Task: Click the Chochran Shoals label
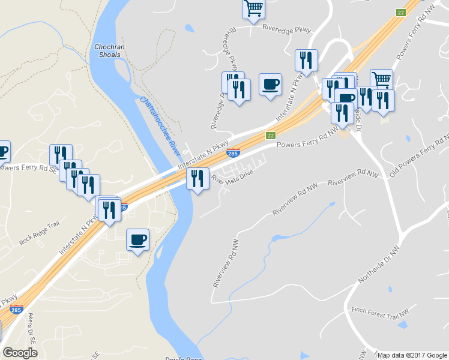pos(107,50)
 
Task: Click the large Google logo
pos(20,353)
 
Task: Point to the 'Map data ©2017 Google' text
pos(412,355)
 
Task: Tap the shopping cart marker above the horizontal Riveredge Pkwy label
pos(254,8)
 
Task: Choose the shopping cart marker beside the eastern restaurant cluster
pos(381,79)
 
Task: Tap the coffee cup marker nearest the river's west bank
pos(137,240)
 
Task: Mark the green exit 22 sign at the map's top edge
pos(401,13)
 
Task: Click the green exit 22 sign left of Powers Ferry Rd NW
pos(271,136)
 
